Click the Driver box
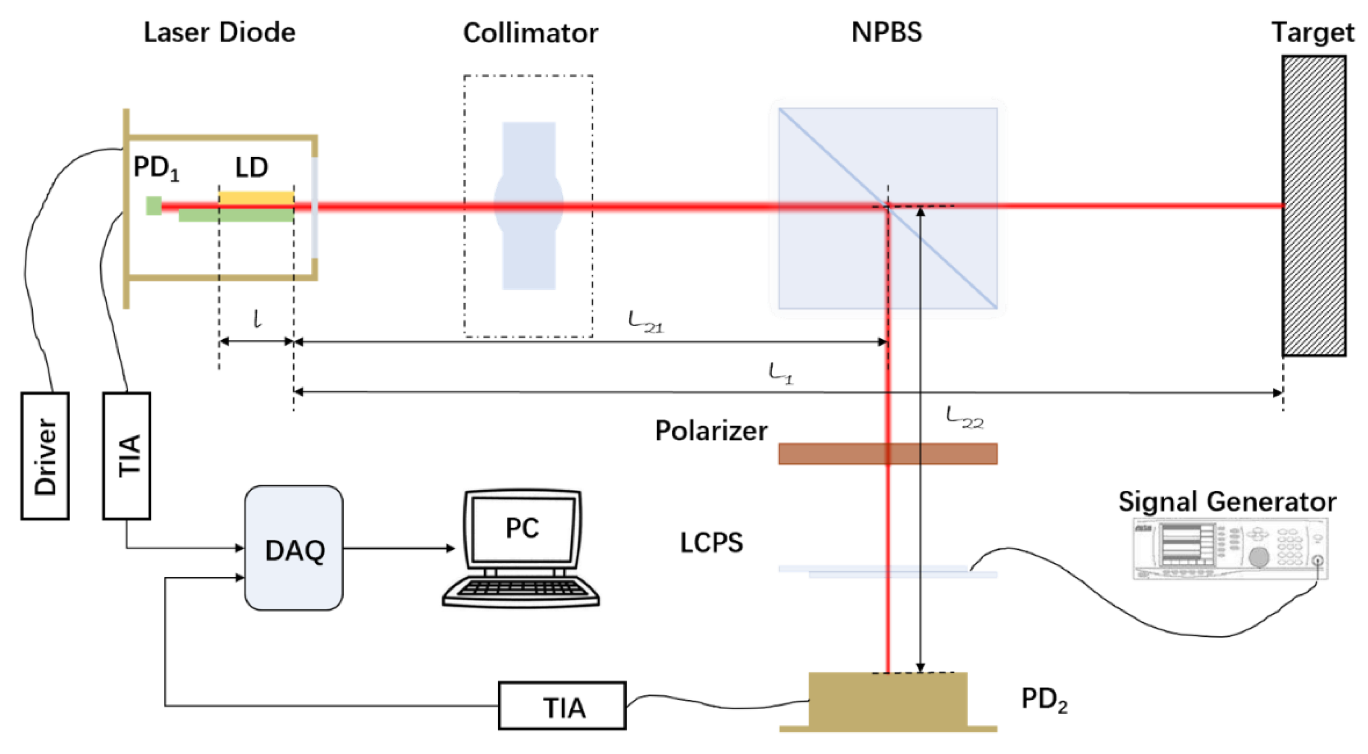[x=45, y=456]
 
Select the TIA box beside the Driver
[x=126, y=456]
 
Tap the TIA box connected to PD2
[x=562, y=706]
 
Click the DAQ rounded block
[x=294, y=548]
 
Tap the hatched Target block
[x=1314, y=206]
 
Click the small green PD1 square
[x=153, y=205]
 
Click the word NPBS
[x=886, y=32]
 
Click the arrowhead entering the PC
[x=450, y=548]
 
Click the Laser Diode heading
[x=219, y=32]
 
